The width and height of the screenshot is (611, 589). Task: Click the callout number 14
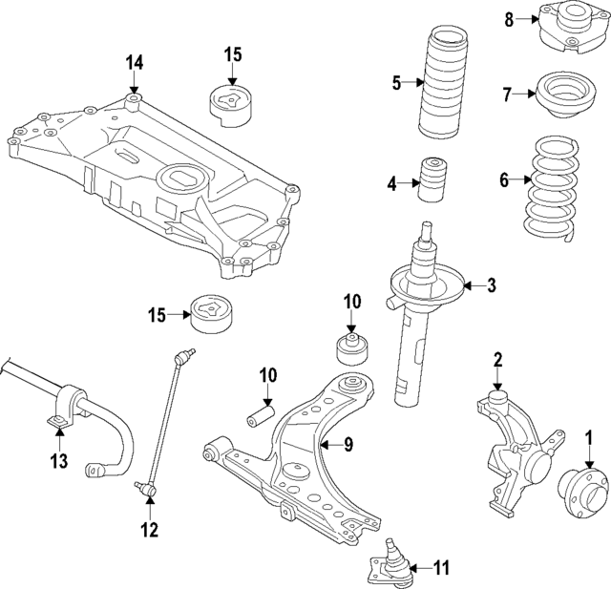tap(134, 63)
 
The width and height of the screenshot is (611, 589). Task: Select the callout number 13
tap(59, 462)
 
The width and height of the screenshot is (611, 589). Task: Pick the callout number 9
tap(348, 444)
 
